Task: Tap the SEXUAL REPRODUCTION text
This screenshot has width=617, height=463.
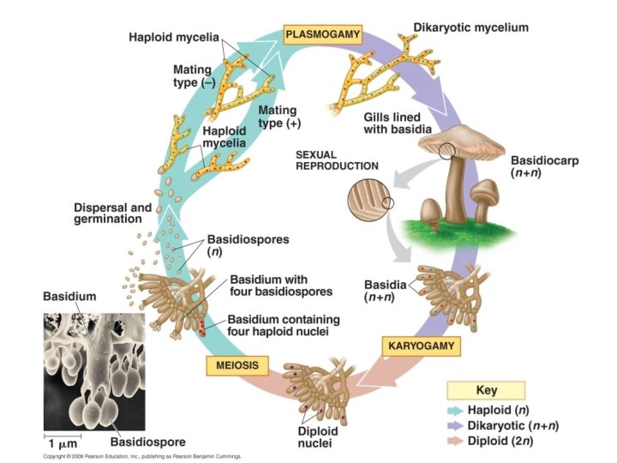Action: point(337,159)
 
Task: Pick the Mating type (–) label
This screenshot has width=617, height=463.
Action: point(195,75)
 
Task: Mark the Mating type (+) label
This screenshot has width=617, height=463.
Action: point(277,117)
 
